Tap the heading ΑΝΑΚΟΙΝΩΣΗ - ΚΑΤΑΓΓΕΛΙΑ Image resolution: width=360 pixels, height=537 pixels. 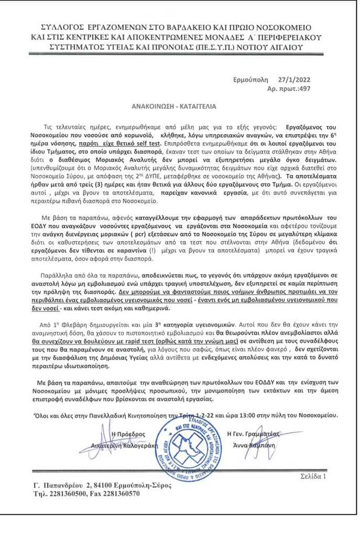(x=173, y=105)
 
